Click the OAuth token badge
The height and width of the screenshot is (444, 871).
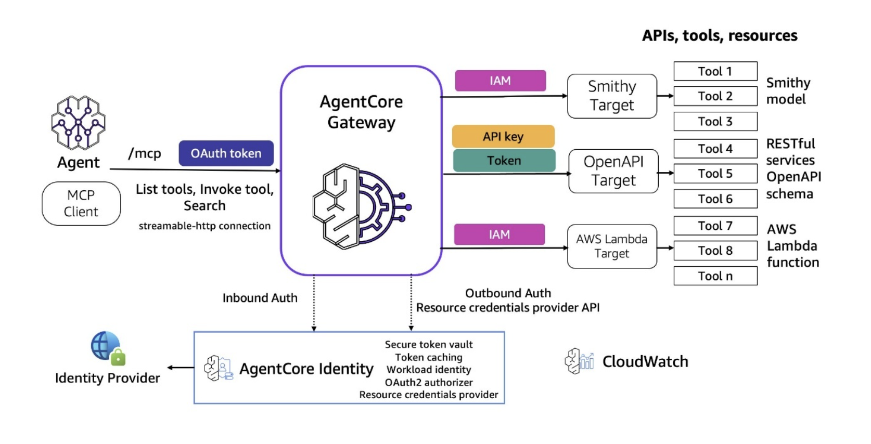(x=226, y=153)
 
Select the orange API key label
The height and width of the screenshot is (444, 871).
(x=503, y=136)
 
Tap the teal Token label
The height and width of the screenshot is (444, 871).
(x=504, y=161)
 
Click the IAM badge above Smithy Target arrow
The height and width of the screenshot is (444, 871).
(x=500, y=81)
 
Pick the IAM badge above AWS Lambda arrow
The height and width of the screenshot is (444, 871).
(x=499, y=234)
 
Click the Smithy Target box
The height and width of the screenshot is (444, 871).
(x=612, y=96)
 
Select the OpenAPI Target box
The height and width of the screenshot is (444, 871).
(x=613, y=171)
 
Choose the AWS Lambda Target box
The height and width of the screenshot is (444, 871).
(x=612, y=246)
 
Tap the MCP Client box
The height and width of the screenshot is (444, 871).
(x=81, y=203)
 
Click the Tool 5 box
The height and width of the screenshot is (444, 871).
(x=715, y=174)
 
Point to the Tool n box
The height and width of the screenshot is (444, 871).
(x=715, y=276)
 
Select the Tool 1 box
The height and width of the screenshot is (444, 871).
(x=715, y=71)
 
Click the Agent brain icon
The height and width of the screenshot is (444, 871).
(x=78, y=123)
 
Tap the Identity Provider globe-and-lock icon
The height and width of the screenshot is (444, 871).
(x=108, y=348)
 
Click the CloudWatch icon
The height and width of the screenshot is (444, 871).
(x=579, y=361)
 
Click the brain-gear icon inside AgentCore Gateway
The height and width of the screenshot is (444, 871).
(x=361, y=206)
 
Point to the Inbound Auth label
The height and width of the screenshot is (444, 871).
(x=260, y=298)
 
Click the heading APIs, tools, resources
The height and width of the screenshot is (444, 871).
(x=719, y=35)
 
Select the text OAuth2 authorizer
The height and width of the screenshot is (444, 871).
(x=429, y=383)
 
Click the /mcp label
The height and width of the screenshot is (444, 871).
(x=145, y=153)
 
